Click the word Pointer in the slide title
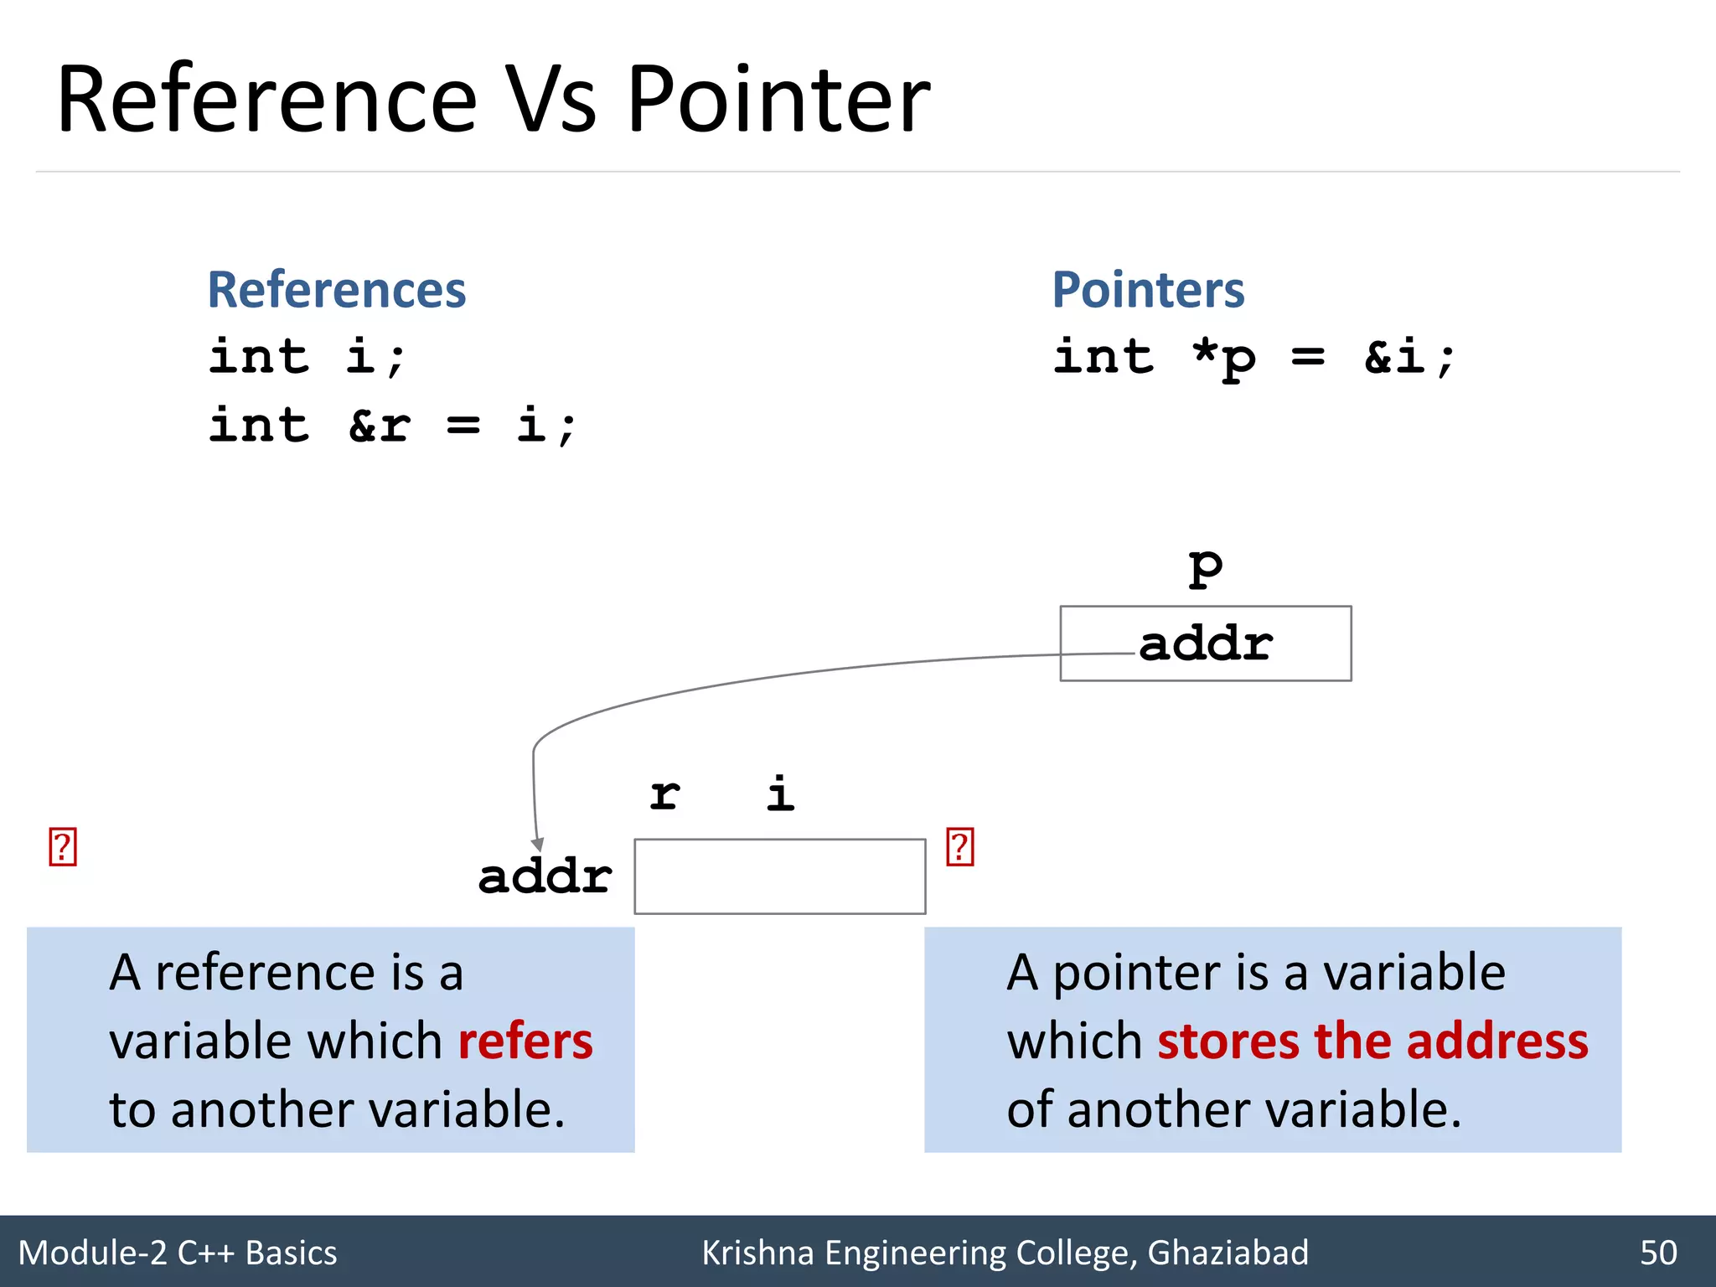pos(778,101)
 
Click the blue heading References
pos(336,290)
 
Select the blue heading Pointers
pos(1148,290)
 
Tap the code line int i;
pos(307,358)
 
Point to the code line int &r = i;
pos(392,426)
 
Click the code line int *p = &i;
pos(1253,358)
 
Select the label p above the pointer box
pos(1206,568)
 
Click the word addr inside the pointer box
pos(1206,644)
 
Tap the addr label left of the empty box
pos(545,876)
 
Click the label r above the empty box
pos(665,793)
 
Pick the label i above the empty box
pos(780,793)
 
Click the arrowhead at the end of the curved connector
pos(538,845)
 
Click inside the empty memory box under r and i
pos(779,876)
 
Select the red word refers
pos(525,1041)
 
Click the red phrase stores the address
pos(1372,1041)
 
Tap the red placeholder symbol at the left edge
pos(63,847)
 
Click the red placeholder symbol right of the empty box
pos(960,847)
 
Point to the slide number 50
pos(1658,1253)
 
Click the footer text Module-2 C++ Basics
pos(178,1253)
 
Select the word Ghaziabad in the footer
pos(1228,1253)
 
